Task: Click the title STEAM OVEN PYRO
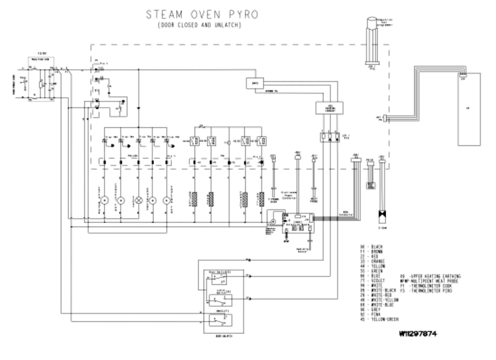pyautogui.click(x=202, y=15)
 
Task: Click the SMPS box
pyautogui.click(x=255, y=83)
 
